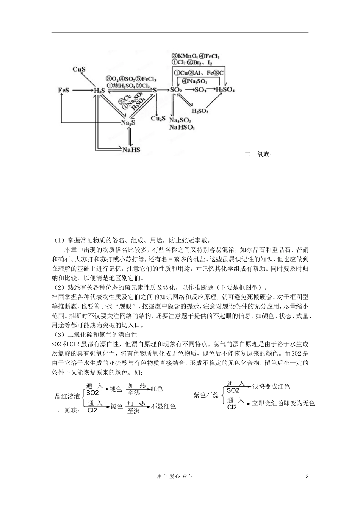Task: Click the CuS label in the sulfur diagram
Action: (x=79, y=69)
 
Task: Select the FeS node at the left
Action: (x=64, y=91)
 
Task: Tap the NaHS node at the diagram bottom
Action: (x=131, y=150)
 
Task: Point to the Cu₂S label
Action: (x=158, y=119)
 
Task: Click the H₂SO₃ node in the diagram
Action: (x=199, y=111)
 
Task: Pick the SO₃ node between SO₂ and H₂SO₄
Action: (x=200, y=90)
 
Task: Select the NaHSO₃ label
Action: (x=182, y=128)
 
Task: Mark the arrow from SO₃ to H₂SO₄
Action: (x=211, y=90)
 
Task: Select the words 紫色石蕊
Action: (x=206, y=395)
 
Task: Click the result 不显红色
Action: (x=164, y=406)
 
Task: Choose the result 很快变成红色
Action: (x=271, y=386)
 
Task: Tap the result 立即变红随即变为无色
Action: (x=283, y=403)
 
